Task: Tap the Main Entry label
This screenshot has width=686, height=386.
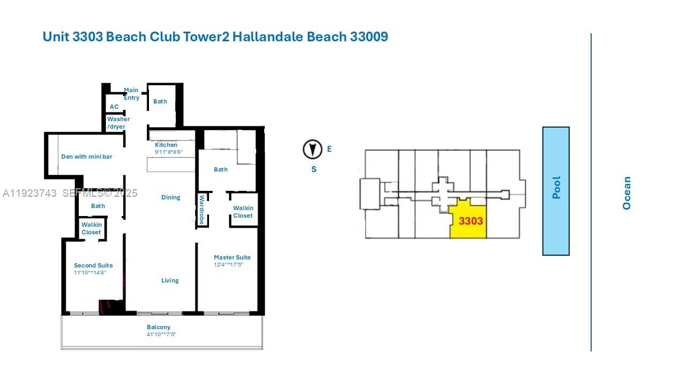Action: point(131,94)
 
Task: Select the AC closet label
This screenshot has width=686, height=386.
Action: point(114,107)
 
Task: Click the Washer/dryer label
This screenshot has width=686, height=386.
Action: point(117,123)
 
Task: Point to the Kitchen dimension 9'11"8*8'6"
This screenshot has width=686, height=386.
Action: point(169,152)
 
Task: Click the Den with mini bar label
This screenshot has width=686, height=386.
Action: point(86,157)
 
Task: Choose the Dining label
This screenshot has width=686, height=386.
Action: point(170,197)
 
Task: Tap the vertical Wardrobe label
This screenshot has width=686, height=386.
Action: point(202,210)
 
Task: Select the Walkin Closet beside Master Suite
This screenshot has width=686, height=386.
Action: point(243,212)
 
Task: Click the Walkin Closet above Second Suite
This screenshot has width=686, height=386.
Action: point(91,228)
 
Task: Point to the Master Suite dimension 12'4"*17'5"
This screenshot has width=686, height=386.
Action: point(229,265)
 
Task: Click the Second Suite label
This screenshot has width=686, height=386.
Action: point(93,265)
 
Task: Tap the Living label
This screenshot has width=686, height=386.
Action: point(170,280)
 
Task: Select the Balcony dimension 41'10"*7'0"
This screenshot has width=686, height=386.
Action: point(161,335)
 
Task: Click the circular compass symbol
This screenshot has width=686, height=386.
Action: point(312,150)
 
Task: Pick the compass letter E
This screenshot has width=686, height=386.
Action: point(329,149)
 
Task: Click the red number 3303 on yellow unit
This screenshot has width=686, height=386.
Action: point(471,221)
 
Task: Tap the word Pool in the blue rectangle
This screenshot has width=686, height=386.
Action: point(556,188)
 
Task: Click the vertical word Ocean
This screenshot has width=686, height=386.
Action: point(627,193)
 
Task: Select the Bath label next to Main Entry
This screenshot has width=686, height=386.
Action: point(160,101)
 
